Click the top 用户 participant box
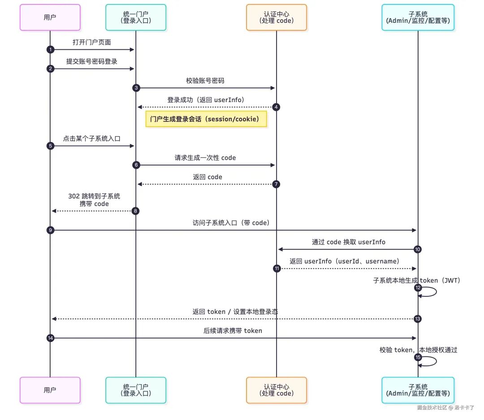coord(50,17)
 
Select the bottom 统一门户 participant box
coord(136,390)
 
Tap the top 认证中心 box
coord(277,17)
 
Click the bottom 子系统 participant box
coord(418,390)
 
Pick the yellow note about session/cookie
coord(207,120)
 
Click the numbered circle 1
coord(50,50)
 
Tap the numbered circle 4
coord(277,107)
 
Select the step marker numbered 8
coord(136,210)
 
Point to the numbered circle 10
coord(418,249)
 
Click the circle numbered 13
coord(418,319)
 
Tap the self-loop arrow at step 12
coord(430,292)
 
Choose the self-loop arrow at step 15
coord(430,361)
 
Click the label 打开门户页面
coord(92,42)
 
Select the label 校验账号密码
coord(205,81)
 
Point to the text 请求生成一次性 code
coord(205,158)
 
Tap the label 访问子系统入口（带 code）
coord(231,223)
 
